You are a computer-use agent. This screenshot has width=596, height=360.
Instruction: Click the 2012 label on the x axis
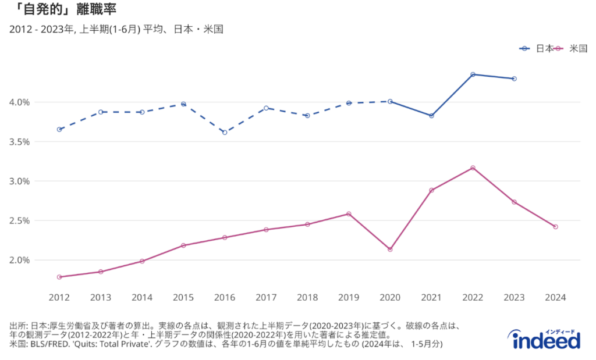click(59, 298)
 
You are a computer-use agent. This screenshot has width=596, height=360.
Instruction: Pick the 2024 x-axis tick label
click(555, 298)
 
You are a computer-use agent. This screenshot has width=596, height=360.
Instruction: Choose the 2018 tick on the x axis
click(307, 298)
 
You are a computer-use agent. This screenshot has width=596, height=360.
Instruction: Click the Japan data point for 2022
click(473, 74)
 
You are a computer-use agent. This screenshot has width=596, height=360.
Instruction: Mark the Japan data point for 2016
click(225, 132)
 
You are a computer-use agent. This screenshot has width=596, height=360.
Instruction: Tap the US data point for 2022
click(473, 167)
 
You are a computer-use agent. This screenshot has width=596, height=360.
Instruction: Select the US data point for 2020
click(390, 249)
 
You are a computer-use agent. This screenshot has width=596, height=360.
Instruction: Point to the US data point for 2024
click(555, 227)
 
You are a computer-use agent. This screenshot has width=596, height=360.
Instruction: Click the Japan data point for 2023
click(514, 79)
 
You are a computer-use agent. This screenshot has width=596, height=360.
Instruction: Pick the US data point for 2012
click(59, 277)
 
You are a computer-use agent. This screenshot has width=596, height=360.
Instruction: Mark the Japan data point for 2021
click(431, 116)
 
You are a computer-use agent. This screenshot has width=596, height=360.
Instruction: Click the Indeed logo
click(547, 339)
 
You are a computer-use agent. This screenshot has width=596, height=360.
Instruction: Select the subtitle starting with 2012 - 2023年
click(116, 29)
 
